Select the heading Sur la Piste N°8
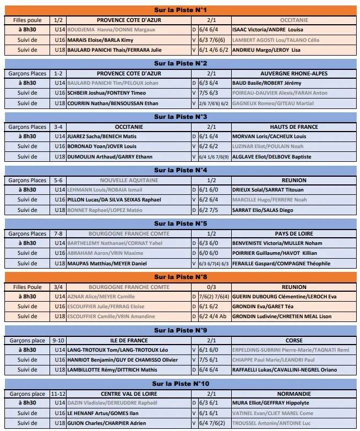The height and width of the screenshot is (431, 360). [x=179, y=277]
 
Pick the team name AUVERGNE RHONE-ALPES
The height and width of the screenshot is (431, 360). [x=294, y=73]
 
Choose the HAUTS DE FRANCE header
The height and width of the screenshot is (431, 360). [x=294, y=127]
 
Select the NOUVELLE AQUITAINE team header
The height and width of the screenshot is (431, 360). [x=129, y=180]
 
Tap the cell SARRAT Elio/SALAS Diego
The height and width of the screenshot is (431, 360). [x=261, y=210]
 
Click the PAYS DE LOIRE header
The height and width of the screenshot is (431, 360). [x=294, y=233]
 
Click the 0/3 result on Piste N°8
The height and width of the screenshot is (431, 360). [x=211, y=287]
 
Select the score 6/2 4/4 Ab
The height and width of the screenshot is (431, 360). [x=212, y=317]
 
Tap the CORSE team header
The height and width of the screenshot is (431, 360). [x=294, y=340]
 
